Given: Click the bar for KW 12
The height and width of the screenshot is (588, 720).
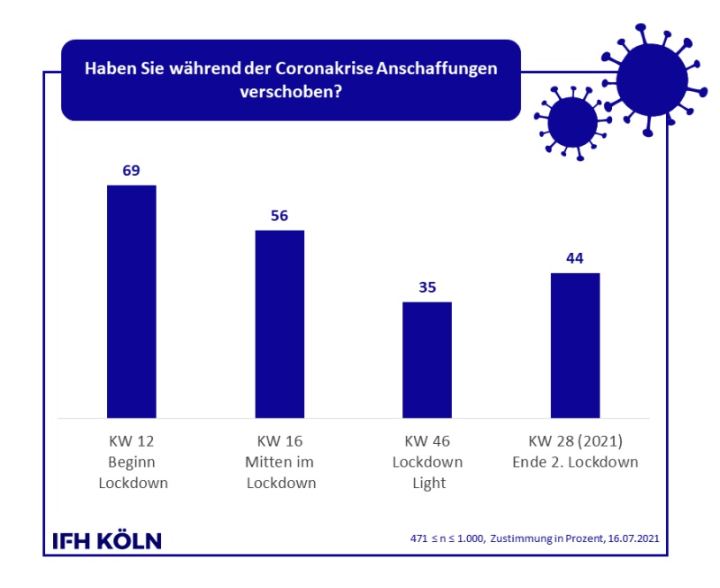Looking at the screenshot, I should coord(131,301).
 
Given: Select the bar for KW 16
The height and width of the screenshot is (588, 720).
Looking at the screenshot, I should coord(279,323).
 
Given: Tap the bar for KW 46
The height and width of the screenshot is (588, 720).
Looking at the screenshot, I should coord(427,359).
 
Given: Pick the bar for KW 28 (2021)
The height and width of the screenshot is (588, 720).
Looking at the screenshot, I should coord(574,345).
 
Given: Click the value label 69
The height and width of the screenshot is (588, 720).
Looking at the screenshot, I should coord(131,170).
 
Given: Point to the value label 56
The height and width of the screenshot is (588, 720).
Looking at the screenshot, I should coord(279,215).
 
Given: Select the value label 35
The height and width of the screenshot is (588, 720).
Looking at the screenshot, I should coord(427,287).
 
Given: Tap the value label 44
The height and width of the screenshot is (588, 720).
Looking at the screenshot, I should coord(574,258).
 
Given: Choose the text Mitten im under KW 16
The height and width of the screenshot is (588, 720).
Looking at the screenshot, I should coord(279,462).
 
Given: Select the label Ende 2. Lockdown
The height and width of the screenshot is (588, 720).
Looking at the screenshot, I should coord(574,462).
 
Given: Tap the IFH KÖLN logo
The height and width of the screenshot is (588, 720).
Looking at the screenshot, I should coord(107,540).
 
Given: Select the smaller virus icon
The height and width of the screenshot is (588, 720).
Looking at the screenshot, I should coord(571,123).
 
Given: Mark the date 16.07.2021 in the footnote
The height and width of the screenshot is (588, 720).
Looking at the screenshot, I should coord(636,539).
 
